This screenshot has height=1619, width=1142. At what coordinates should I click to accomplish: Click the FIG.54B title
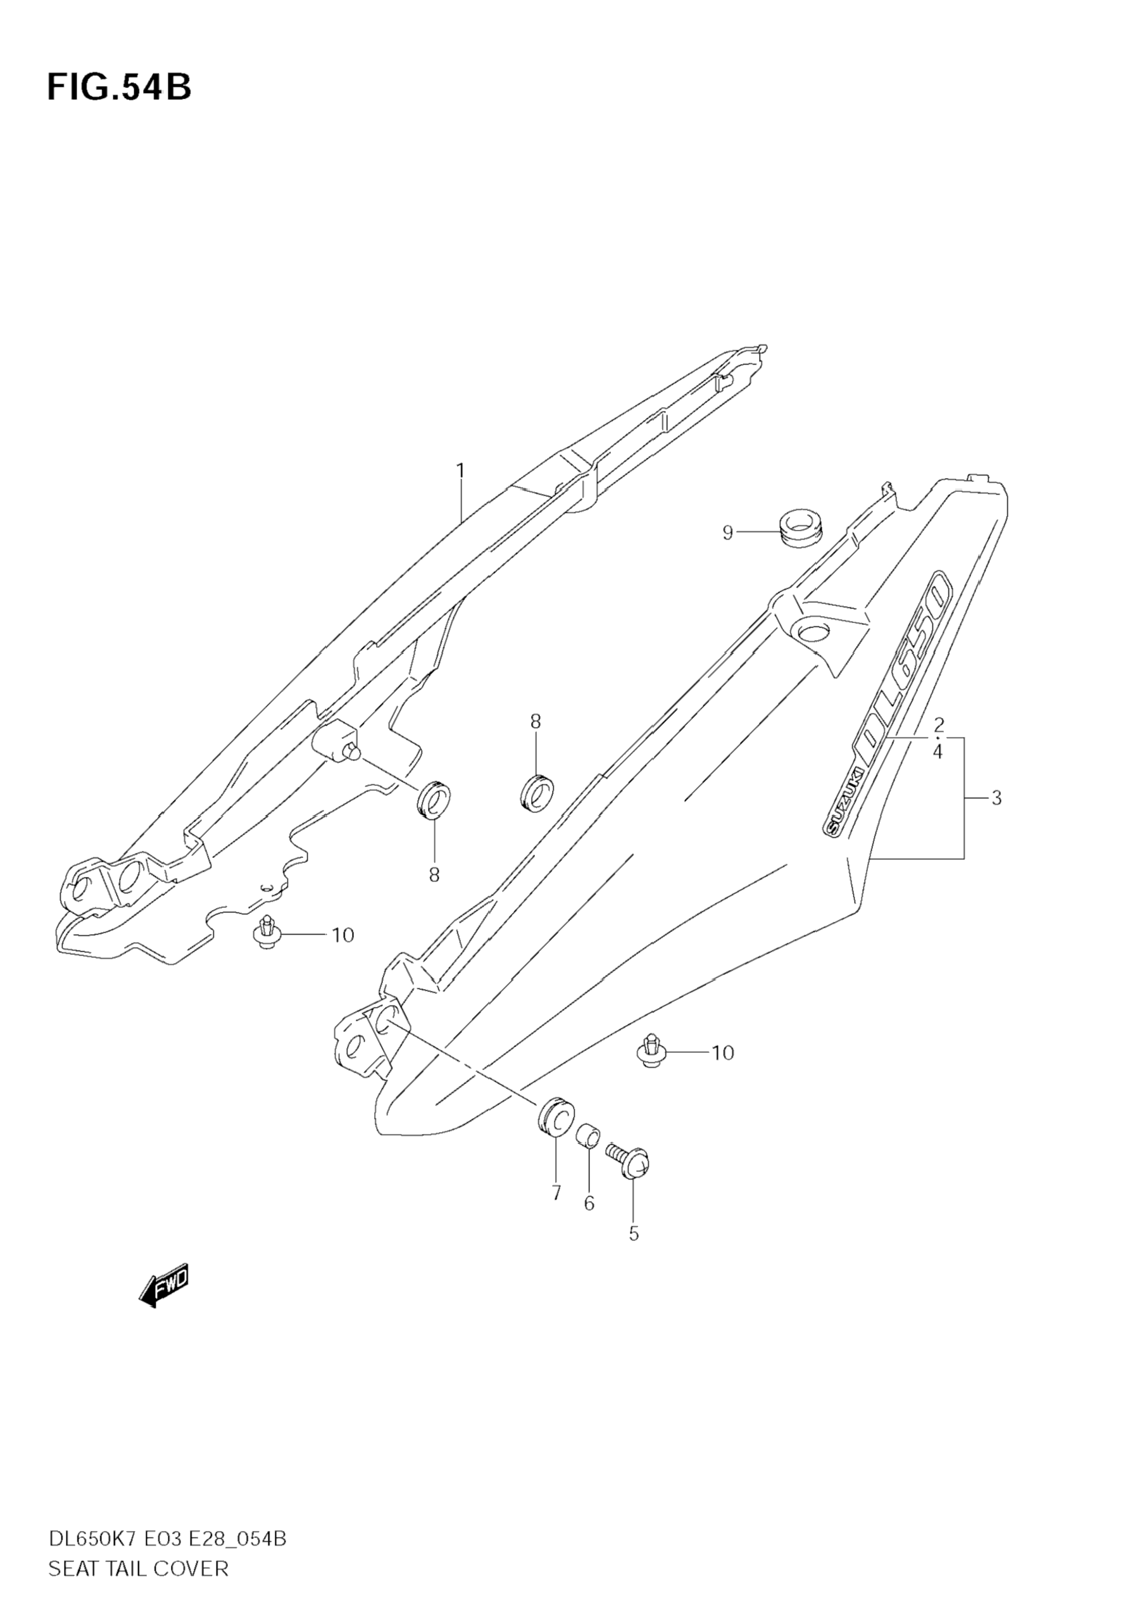(119, 87)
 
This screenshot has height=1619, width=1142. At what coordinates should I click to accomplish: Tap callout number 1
(460, 470)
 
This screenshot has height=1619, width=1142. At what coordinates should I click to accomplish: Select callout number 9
(727, 532)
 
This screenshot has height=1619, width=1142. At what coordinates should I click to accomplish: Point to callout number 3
(995, 798)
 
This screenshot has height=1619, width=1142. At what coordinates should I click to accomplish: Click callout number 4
(938, 752)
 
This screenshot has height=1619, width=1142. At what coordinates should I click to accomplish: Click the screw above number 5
(628, 1162)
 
